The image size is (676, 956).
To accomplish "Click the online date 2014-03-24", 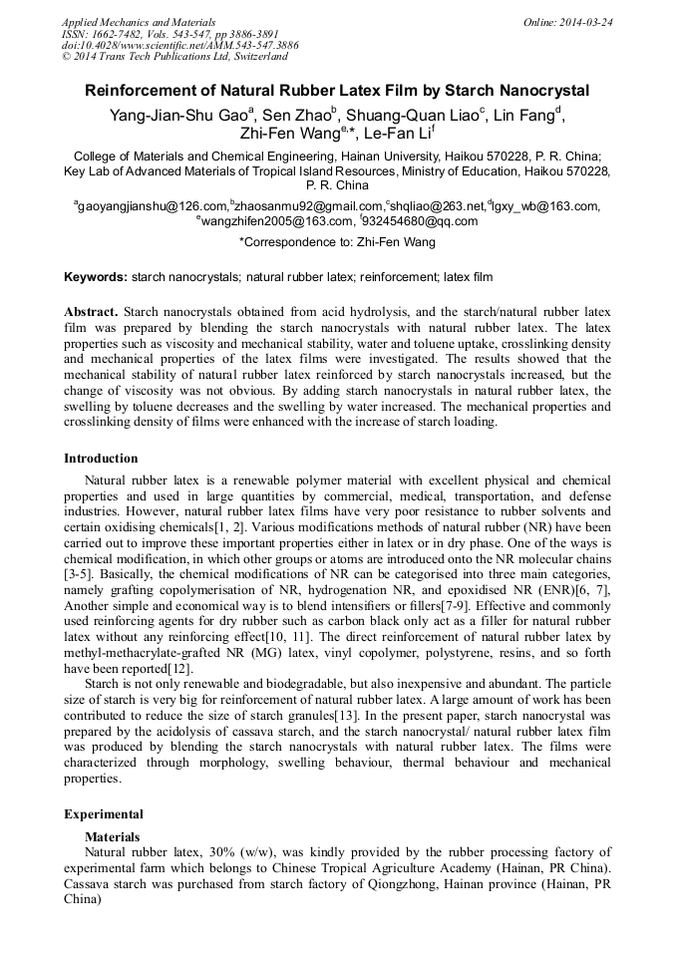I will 583,22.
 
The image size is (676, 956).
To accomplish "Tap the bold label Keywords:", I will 95,276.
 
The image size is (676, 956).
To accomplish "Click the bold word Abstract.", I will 91,311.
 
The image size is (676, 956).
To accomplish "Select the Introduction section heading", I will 101,459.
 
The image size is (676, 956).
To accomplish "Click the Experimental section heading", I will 103,813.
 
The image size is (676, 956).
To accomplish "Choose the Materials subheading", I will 112,836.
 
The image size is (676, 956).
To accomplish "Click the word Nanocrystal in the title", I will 547,91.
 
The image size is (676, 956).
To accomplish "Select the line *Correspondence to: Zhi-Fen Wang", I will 337,241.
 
